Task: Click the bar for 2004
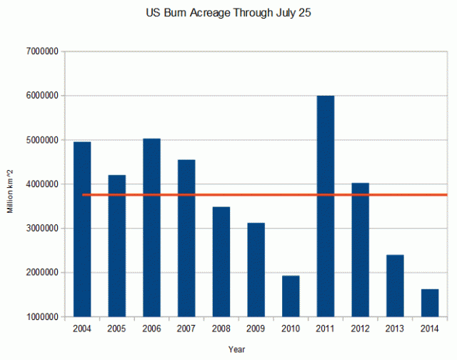point(82,229)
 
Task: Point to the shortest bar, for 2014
point(430,303)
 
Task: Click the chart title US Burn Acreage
point(228,12)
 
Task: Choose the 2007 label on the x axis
point(186,328)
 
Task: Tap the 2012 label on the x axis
point(361,328)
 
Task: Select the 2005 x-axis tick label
point(117,328)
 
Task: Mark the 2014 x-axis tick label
point(430,328)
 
